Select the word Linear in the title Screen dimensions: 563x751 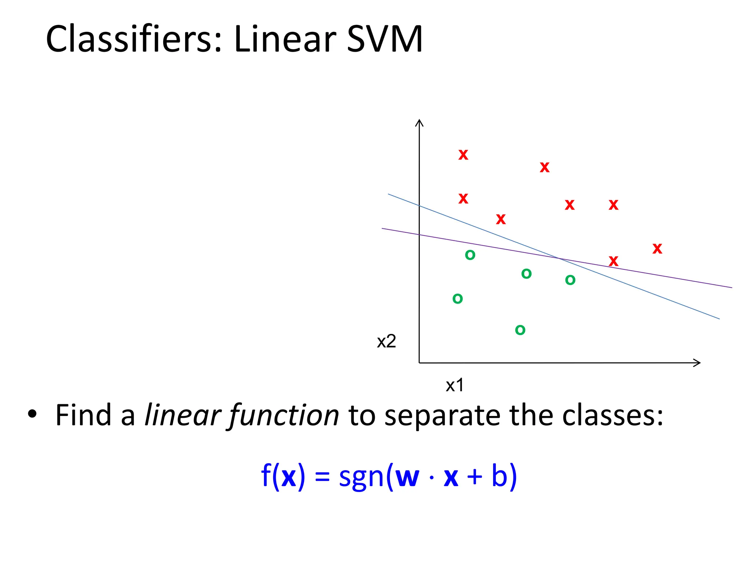(285, 39)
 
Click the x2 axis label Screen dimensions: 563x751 (387, 342)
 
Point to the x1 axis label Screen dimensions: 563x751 (455, 385)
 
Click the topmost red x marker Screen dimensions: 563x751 (463, 155)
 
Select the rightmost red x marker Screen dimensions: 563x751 (657, 249)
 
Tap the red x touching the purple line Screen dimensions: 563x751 (613, 261)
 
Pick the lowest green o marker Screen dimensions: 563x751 (520, 330)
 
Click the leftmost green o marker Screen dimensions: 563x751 (458, 299)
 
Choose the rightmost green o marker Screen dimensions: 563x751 (570, 280)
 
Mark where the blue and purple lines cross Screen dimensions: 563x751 (559, 259)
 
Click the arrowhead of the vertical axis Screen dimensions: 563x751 (419, 122)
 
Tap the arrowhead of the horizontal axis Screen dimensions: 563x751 (697, 363)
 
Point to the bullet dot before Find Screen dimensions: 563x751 (32, 414)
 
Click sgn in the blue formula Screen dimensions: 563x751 (361, 477)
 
